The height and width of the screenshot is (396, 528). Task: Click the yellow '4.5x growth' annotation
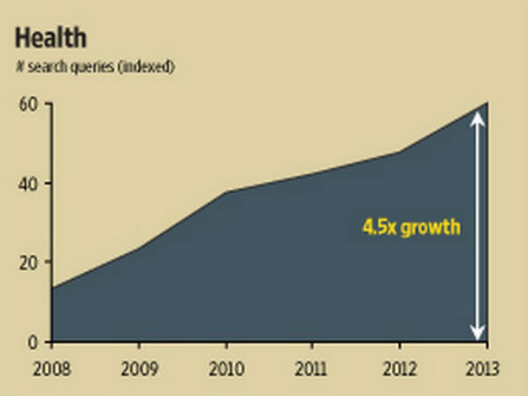point(411,227)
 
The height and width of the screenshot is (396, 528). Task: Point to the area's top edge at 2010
point(226,192)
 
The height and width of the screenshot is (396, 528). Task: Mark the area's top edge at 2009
point(139,247)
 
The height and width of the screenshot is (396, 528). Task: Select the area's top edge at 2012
point(400,152)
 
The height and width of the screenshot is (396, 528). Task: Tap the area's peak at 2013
point(487,103)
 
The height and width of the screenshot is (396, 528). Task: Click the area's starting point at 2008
point(54,288)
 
